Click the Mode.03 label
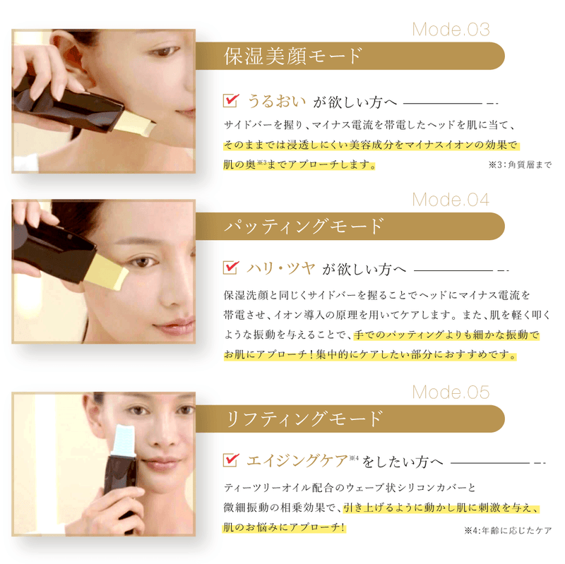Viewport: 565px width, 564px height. point(451,30)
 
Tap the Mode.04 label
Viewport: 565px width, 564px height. point(451,200)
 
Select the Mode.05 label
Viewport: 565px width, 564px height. point(451,392)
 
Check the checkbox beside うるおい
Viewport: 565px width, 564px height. point(230,101)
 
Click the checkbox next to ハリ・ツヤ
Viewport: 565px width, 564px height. point(230,268)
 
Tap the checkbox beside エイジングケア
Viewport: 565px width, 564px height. point(230,461)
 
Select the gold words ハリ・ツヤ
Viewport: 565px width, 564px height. point(280,268)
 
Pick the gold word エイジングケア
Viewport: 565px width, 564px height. point(297,461)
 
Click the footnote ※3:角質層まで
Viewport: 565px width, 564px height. point(519,165)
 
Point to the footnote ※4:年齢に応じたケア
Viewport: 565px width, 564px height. point(507,530)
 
